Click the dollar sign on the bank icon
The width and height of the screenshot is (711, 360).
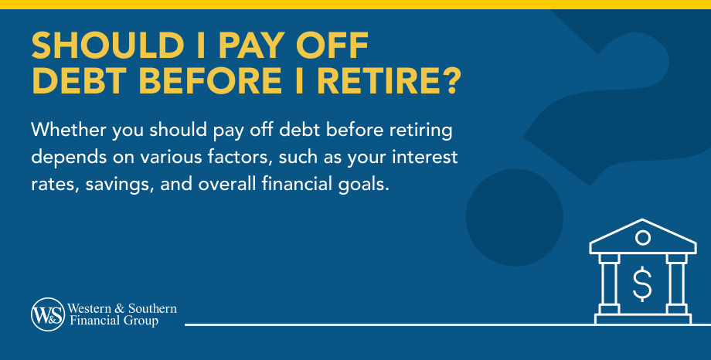pos(642,284)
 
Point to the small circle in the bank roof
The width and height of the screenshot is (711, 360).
pos(642,237)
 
